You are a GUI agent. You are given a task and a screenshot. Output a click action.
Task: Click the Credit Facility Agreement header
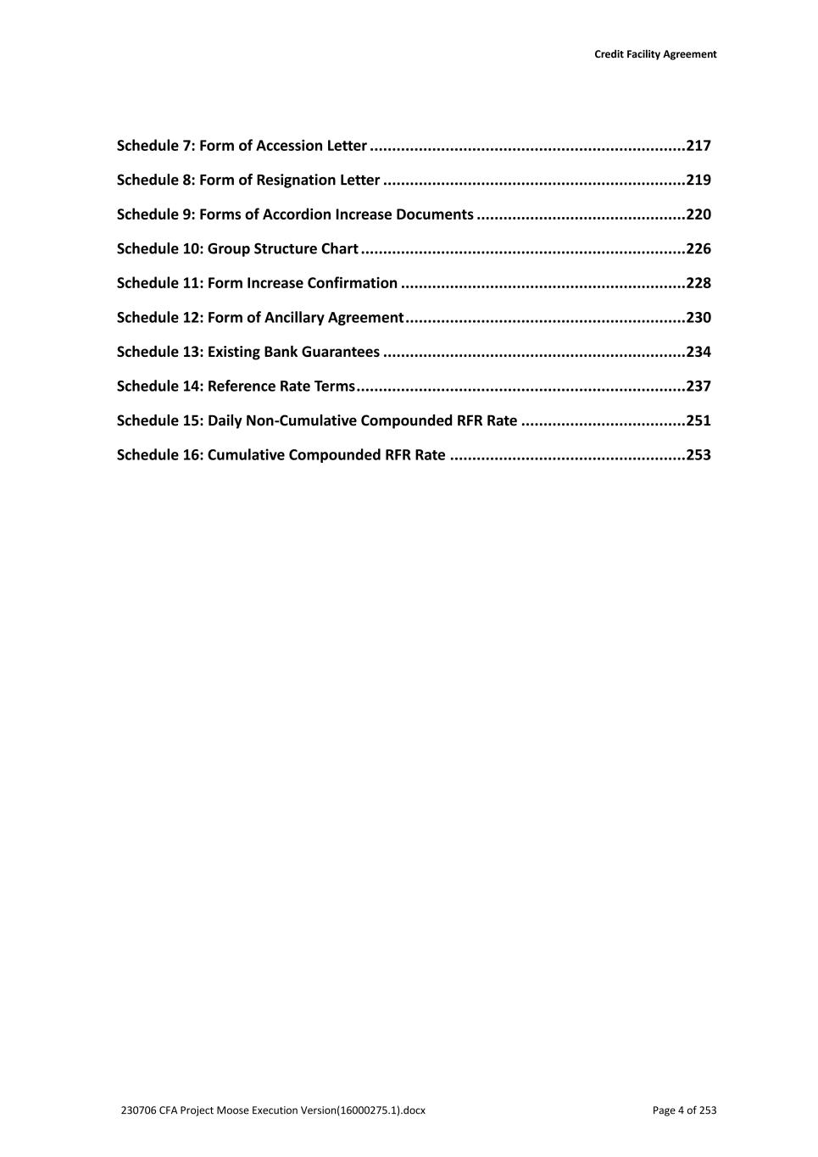(x=654, y=54)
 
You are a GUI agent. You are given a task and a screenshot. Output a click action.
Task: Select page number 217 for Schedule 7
(x=698, y=146)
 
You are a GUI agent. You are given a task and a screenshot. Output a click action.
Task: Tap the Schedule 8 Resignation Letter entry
(x=248, y=180)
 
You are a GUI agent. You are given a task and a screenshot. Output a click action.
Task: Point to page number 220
(x=698, y=214)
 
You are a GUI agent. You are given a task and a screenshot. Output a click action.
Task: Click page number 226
(x=698, y=249)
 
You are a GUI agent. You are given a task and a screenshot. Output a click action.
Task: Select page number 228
(x=698, y=283)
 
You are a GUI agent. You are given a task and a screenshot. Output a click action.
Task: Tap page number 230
(x=698, y=318)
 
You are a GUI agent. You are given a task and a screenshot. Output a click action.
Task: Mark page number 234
(x=698, y=352)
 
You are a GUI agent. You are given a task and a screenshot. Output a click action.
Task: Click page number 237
(x=698, y=387)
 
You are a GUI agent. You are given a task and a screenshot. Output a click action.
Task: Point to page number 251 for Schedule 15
(x=698, y=420)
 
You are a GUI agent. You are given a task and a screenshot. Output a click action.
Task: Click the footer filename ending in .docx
(x=273, y=1110)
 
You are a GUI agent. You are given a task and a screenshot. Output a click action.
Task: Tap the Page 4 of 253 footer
(x=684, y=1110)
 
